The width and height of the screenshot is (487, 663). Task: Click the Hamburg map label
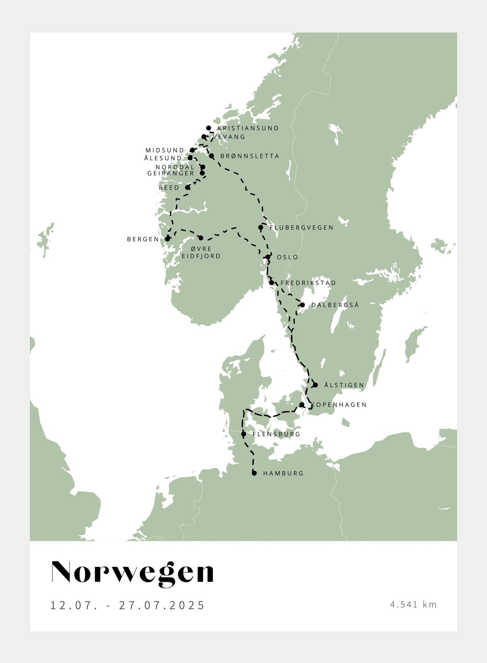tap(283, 473)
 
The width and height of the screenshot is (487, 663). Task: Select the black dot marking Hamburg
tap(254, 473)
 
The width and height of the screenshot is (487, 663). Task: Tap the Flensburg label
tap(276, 434)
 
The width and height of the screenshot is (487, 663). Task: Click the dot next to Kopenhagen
tap(302, 404)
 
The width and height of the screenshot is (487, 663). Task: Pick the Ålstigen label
tap(344, 385)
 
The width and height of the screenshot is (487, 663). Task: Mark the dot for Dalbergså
tap(302, 305)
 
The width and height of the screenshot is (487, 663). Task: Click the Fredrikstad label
tap(308, 283)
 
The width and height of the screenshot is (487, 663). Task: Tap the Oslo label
tap(287, 257)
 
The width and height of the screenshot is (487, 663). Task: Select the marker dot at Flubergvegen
tap(261, 228)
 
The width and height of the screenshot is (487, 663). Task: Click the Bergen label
tap(143, 239)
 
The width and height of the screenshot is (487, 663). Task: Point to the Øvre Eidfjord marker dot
tap(201, 238)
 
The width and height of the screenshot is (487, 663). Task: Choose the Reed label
tap(169, 188)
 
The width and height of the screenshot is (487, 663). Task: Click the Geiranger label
tap(171, 173)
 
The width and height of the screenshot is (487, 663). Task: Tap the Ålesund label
tap(163, 158)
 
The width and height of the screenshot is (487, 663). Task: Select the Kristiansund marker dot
tap(209, 128)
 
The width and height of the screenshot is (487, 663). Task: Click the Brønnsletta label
tap(250, 156)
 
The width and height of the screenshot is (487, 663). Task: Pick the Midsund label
tap(165, 150)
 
